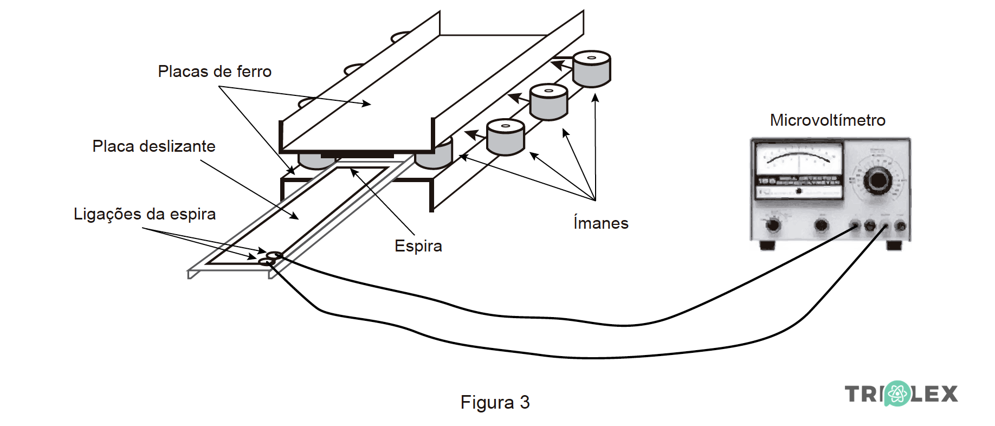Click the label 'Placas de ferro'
[215, 72]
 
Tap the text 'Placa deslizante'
[154, 146]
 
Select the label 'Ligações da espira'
[145, 214]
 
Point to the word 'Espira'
[418, 246]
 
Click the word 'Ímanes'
[600, 223]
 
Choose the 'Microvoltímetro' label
[828, 120]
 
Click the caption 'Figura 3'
[495, 403]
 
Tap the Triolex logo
[901, 394]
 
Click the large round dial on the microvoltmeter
[877, 180]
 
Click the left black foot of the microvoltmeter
[767, 246]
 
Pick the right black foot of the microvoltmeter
[894, 246]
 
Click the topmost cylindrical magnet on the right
[592, 69]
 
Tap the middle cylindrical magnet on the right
[548, 102]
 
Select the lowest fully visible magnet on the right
[505, 137]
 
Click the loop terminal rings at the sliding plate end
[270, 259]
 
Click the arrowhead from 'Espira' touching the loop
[354, 172]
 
